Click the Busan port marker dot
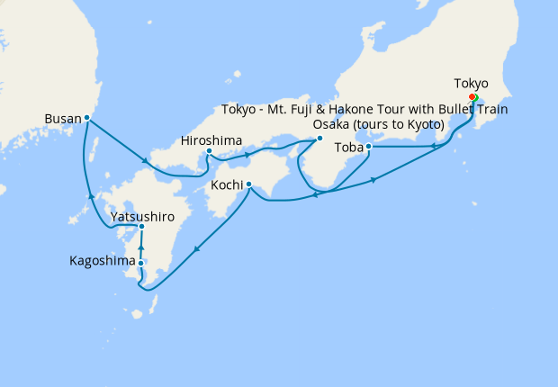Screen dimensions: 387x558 pyautogui.click(x=86, y=117)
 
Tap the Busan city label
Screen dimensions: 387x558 pyautogui.click(x=62, y=118)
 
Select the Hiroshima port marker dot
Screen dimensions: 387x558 pyautogui.click(x=209, y=151)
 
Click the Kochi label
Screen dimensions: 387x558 pyautogui.click(x=225, y=185)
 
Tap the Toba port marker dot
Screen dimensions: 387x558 pyautogui.click(x=368, y=146)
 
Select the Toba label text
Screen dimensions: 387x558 pyautogui.click(x=348, y=147)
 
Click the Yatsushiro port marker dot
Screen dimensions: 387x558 pyautogui.click(x=142, y=226)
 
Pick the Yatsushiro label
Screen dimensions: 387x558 pyautogui.click(x=142, y=216)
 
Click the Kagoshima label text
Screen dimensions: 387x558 pyautogui.click(x=103, y=262)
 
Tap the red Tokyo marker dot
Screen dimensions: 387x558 pyautogui.click(x=472, y=97)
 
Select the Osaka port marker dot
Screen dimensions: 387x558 pyautogui.click(x=320, y=138)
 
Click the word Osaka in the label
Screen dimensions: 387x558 pyautogui.click(x=331, y=124)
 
